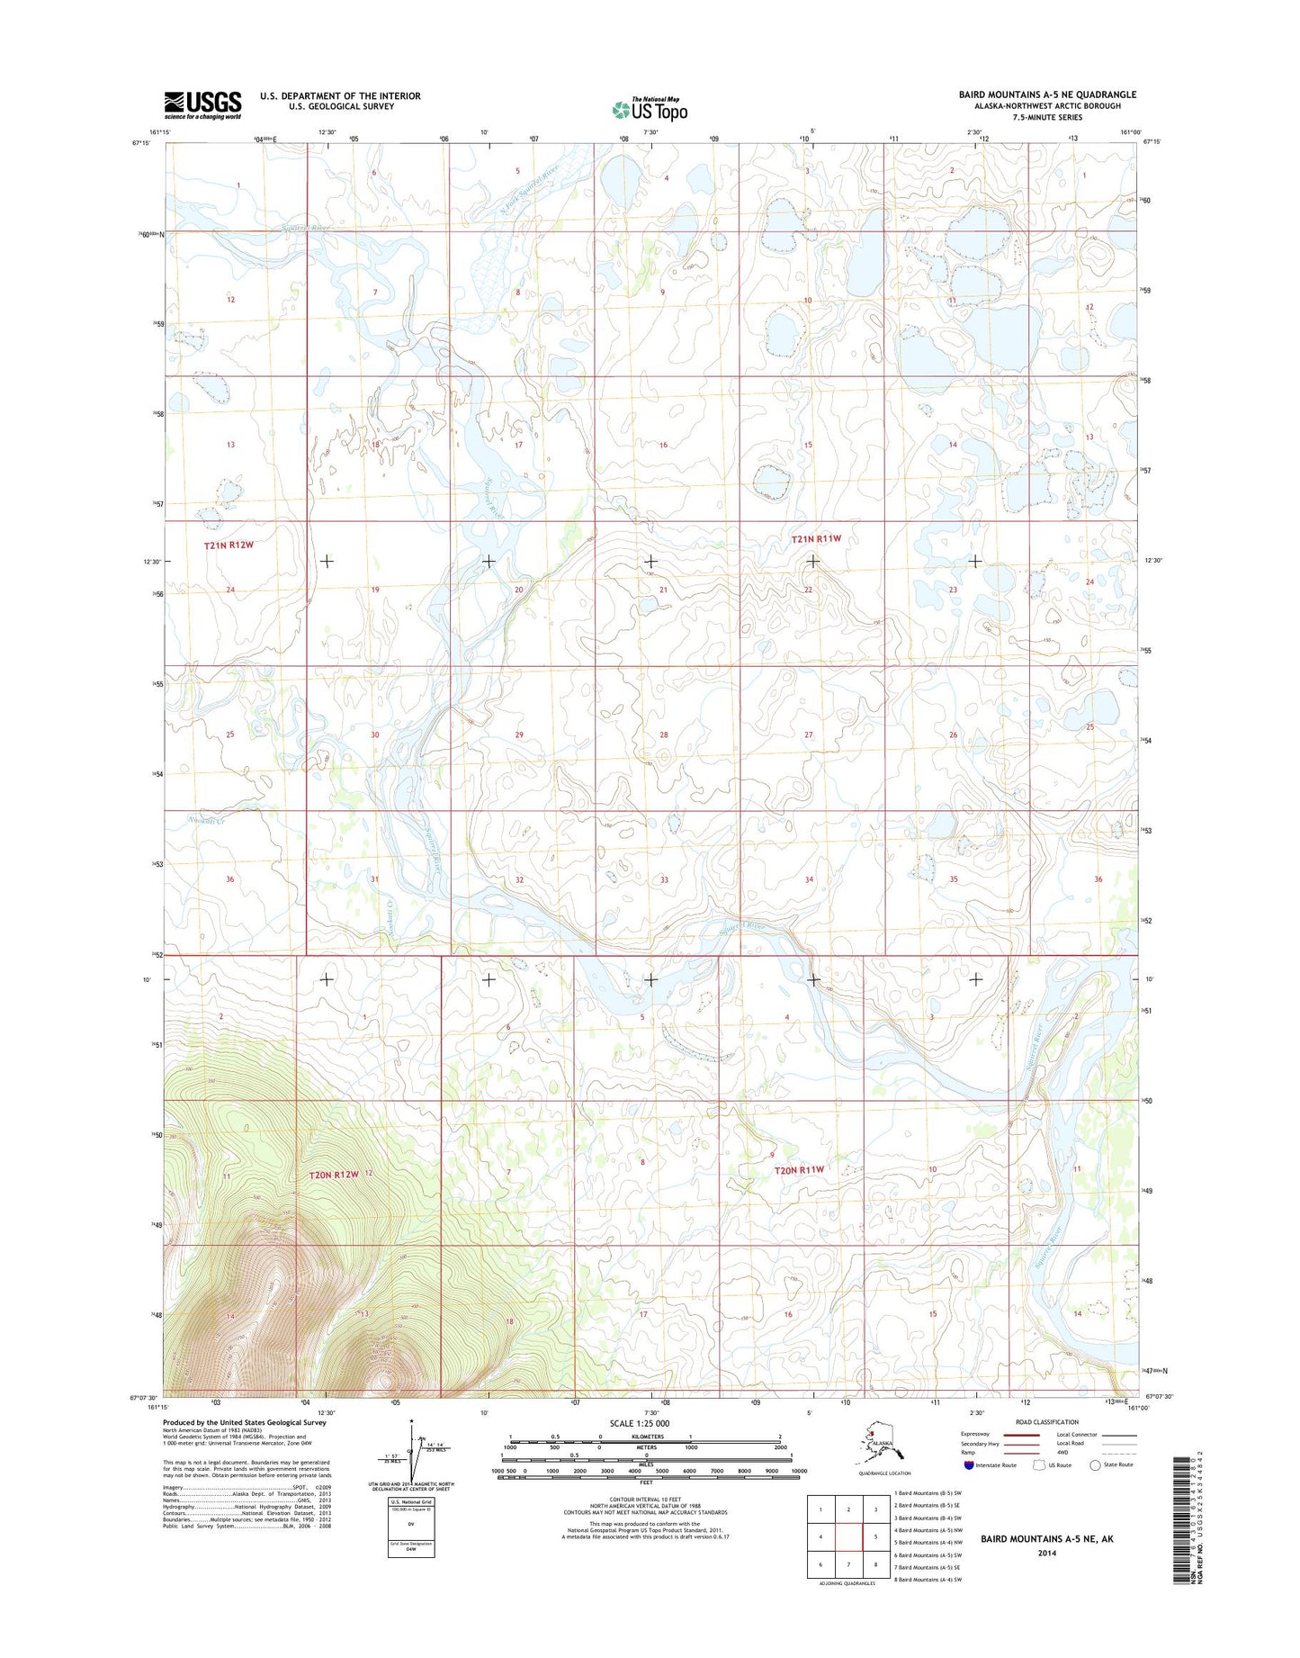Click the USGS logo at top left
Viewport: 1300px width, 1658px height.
click(x=202, y=104)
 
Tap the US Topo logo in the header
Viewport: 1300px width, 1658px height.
click(x=650, y=109)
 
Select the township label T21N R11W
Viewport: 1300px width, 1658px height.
click(x=816, y=539)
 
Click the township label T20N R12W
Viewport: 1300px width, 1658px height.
click(x=334, y=1175)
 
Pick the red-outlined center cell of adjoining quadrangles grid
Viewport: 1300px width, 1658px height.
click(x=848, y=1537)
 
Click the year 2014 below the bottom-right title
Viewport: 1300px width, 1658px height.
click(x=1046, y=1554)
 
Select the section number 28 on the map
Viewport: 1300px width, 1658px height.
click(x=664, y=735)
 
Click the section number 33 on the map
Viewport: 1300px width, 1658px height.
click(x=664, y=879)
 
